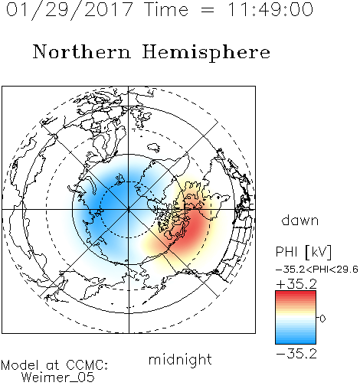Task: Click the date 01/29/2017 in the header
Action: (70, 10)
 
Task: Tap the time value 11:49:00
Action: (270, 9)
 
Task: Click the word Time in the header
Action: (166, 9)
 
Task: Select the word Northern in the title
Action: (82, 51)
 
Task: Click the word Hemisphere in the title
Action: (206, 53)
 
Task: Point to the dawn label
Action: (300, 220)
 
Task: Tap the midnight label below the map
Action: (180, 359)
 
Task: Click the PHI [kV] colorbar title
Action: (303, 252)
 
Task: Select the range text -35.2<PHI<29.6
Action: (317, 270)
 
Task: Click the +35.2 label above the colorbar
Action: (296, 284)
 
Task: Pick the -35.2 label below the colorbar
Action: (296, 354)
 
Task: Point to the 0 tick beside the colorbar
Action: (322, 319)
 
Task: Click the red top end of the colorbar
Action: (296, 293)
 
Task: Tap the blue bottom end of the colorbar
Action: (296, 342)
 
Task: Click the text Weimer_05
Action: (58, 378)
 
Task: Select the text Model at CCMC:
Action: (54, 365)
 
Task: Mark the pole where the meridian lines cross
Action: (129, 210)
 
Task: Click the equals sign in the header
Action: (208, 10)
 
